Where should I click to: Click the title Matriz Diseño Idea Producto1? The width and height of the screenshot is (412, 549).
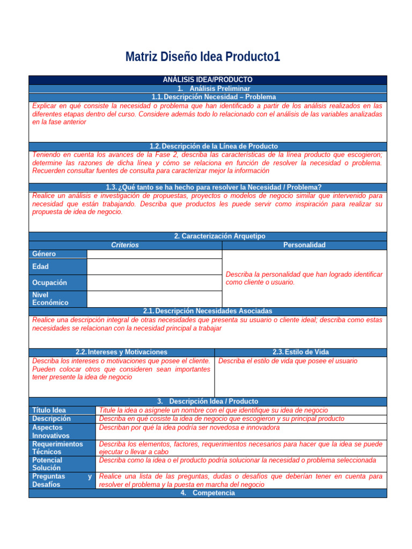pyautogui.click(x=202, y=57)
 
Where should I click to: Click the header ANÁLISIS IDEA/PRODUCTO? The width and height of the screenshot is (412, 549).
pyautogui.click(x=207, y=79)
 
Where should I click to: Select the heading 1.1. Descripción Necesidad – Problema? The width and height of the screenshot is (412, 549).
pyautogui.click(x=214, y=97)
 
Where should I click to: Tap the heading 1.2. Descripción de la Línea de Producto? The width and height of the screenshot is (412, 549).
pyautogui.click(x=214, y=146)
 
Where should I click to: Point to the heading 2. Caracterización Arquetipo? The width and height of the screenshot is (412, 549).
pyautogui.click(x=219, y=236)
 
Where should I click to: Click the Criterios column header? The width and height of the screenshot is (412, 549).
pyautogui.click(x=124, y=245)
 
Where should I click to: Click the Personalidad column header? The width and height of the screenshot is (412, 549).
pyautogui.click(x=304, y=245)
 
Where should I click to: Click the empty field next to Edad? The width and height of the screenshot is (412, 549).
pyautogui.click(x=154, y=266)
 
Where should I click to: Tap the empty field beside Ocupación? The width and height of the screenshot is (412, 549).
pyautogui.click(x=154, y=283)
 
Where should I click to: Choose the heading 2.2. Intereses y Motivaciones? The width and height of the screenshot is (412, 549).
pyautogui.click(x=121, y=352)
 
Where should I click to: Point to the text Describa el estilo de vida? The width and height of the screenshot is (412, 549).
pyautogui.click(x=288, y=361)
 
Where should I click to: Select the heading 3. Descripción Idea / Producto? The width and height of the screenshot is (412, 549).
pyautogui.click(x=208, y=401)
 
